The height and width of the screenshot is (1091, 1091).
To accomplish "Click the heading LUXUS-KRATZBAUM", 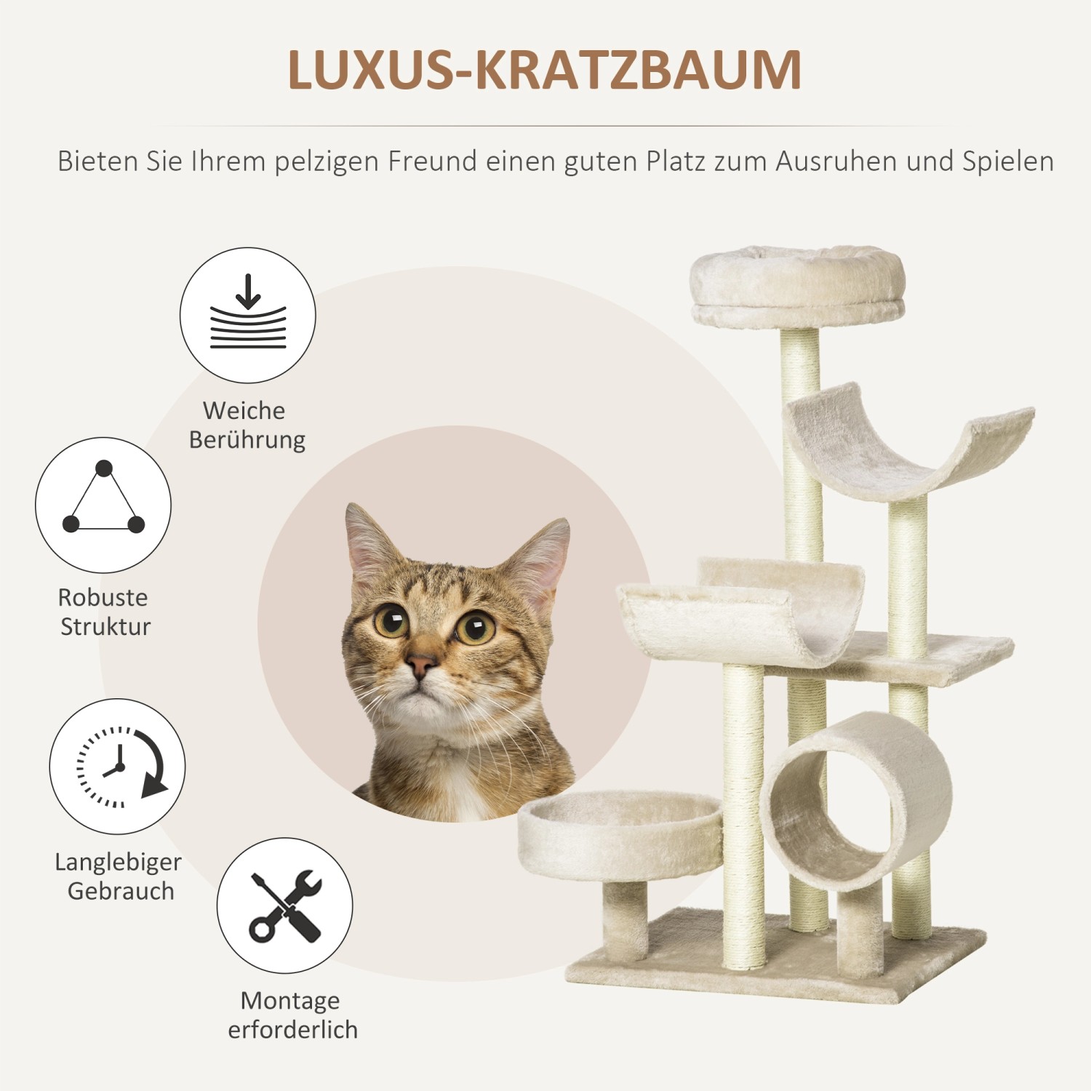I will pos(544,70).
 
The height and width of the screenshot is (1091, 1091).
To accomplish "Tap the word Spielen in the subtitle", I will pos(1008,161).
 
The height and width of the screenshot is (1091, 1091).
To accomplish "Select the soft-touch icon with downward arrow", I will pos(248,315).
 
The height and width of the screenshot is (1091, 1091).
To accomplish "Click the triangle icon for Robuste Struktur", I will pos(103,504).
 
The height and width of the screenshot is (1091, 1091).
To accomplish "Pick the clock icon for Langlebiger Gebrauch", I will pos(118,766).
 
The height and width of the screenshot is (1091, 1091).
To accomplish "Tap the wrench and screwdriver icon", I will pos(284,906).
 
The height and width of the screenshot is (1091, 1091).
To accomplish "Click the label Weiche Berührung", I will pos(247,425).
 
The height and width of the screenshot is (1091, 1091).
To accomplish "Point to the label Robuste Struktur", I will pos(104,612).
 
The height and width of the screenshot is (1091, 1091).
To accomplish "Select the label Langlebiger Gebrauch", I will pos(119,876).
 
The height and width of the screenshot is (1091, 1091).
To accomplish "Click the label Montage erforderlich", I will pos(292,1015).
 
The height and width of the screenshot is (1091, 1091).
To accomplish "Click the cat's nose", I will pos(421,663).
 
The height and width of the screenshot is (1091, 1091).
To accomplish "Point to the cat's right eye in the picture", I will pos(476,627).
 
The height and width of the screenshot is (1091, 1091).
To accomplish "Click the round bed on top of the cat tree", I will pos(797,286).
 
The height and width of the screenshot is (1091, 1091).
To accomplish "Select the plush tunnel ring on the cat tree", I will pos(855,800).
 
